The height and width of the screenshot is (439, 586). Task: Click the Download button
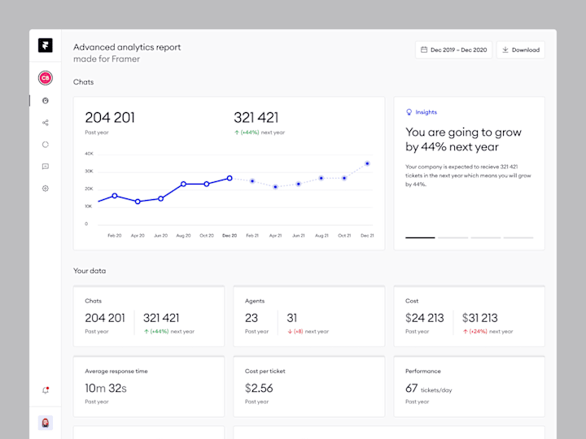point(521,50)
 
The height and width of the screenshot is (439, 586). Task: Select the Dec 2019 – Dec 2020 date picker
point(453,50)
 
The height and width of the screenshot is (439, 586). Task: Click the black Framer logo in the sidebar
point(45,46)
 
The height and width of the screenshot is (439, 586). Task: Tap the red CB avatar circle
point(45,78)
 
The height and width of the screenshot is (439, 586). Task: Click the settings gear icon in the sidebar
point(45,189)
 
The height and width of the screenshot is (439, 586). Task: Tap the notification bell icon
point(45,390)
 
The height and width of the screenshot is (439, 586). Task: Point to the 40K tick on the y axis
point(89,154)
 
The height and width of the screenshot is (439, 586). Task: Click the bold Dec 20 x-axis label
point(230,236)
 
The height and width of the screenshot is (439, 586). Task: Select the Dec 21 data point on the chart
point(367,163)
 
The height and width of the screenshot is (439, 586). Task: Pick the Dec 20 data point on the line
point(230,178)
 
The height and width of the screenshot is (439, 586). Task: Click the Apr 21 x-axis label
point(275,236)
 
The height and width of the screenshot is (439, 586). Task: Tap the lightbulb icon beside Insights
point(409,112)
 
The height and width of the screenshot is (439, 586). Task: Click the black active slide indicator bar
point(420,237)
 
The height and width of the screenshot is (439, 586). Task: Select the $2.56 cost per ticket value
point(259,389)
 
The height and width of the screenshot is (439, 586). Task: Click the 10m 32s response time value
point(106,389)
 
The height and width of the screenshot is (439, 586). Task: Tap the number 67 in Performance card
point(411,389)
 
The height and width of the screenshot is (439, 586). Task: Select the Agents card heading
point(255,301)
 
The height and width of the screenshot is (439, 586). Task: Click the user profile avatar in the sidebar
point(45,423)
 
